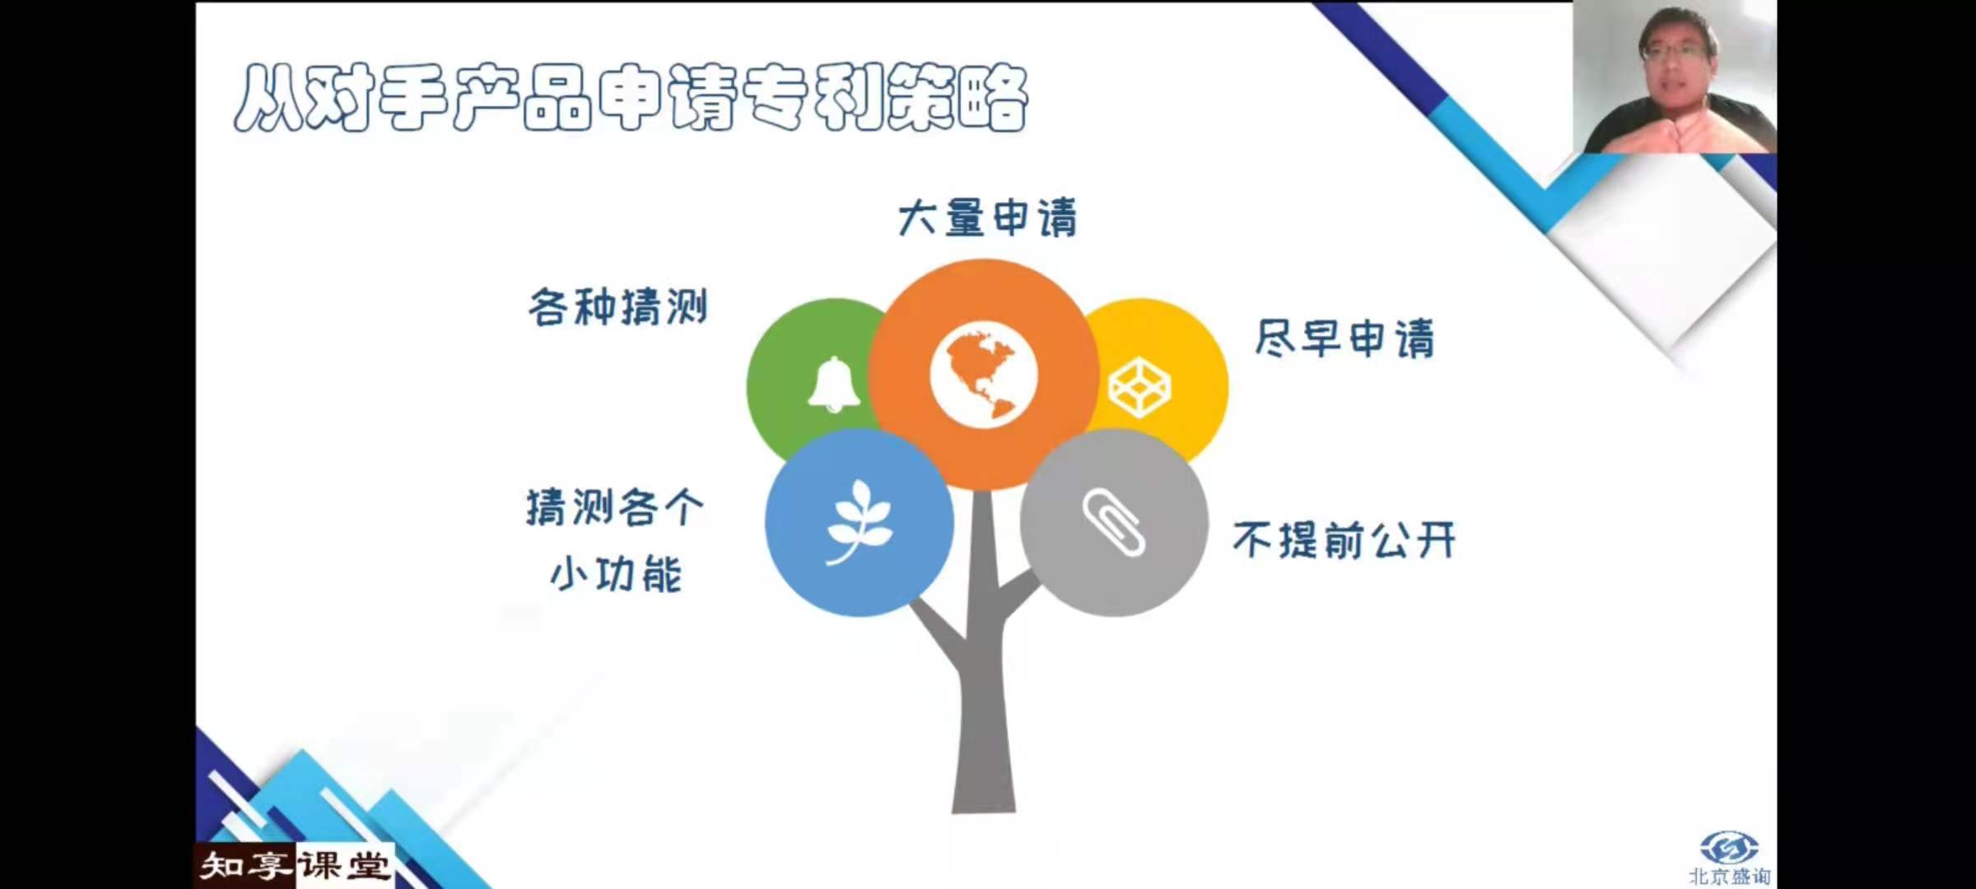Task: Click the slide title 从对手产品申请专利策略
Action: pyautogui.click(x=631, y=98)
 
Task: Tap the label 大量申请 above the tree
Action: pyautogui.click(x=987, y=218)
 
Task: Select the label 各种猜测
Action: pyautogui.click(x=618, y=308)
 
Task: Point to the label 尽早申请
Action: pyautogui.click(x=1345, y=338)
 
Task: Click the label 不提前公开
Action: pyautogui.click(x=1345, y=540)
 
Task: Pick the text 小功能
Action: pyautogui.click(x=616, y=573)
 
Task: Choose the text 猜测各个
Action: pyautogui.click(x=615, y=507)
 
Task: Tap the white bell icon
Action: pyautogui.click(x=834, y=384)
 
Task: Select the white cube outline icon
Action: pyautogui.click(x=1139, y=387)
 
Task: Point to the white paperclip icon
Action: pyautogui.click(x=1113, y=522)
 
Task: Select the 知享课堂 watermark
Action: pyautogui.click(x=295, y=866)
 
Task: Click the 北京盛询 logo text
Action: pyautogui.click(x=1729, y=877)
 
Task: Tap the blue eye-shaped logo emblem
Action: pyautogui.click(x=1729, y=847)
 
